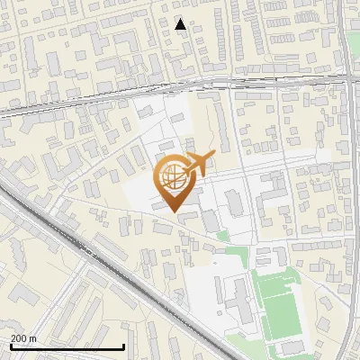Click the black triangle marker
pos(181,24)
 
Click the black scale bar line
pos(67,347)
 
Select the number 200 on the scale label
pos(17,338)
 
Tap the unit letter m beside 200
pos(32,338)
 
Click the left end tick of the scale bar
pos(10,346)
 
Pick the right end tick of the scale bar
pos(123,346)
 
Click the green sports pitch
pos(281,301)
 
